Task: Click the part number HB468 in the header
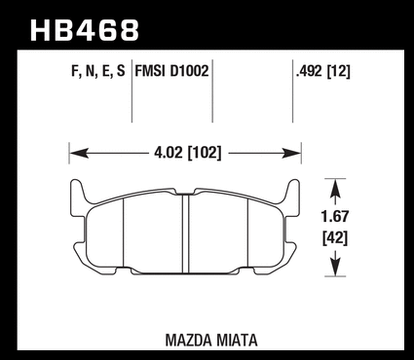pyautogui.click(x=85, y=30)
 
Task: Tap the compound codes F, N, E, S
pyautogui.click(x=98, y=71)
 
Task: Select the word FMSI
pyautogui.click(x=151, y=70)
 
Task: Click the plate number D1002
pyautogui.click(x=190, y=70)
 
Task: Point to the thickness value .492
pyautogui.click(x=310, y=71)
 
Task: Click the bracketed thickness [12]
pyautogui.click(x=338, y=71)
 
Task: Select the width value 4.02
pyautogui.click(x=169, y=152)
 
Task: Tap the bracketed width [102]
pyautogui.click(x=205, y=153)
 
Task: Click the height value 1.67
pyautogui.click(x=335, y=216)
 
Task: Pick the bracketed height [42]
pyautogui.click(x=335, y=238)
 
